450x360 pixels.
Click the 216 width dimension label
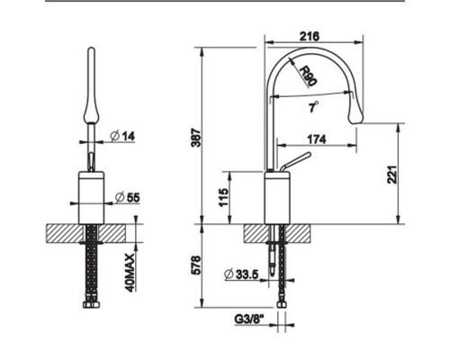coord(310,36)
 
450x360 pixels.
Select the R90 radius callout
coord(308,76)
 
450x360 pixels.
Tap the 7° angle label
coord(313,106)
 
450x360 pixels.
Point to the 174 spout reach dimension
coord(317,139)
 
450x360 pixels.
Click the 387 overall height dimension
coord(196,137)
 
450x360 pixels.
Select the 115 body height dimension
coord(223,198)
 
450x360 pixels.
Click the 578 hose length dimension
coord(196,265)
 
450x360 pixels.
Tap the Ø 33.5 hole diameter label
coord(241,274)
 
